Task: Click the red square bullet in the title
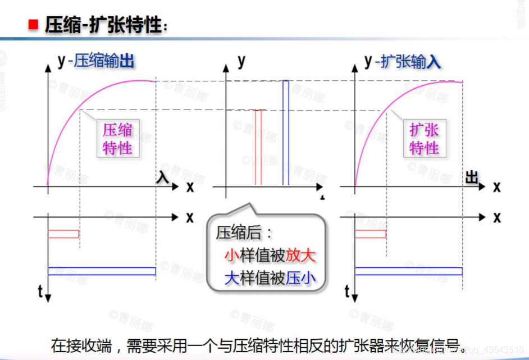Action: point(33,24)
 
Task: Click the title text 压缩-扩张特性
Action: point(104,25)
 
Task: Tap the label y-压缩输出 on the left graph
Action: point(95,61)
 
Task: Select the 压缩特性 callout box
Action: point(117,139)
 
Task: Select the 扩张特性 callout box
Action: point(424,139)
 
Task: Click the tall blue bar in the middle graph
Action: point(286,133)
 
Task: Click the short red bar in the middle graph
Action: point(258,147)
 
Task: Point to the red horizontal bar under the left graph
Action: point(63,234)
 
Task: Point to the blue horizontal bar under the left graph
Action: point(102,271)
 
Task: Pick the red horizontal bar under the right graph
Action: point(371,234)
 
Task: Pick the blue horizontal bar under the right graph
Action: point(408,271)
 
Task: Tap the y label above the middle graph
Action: point(241,61)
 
